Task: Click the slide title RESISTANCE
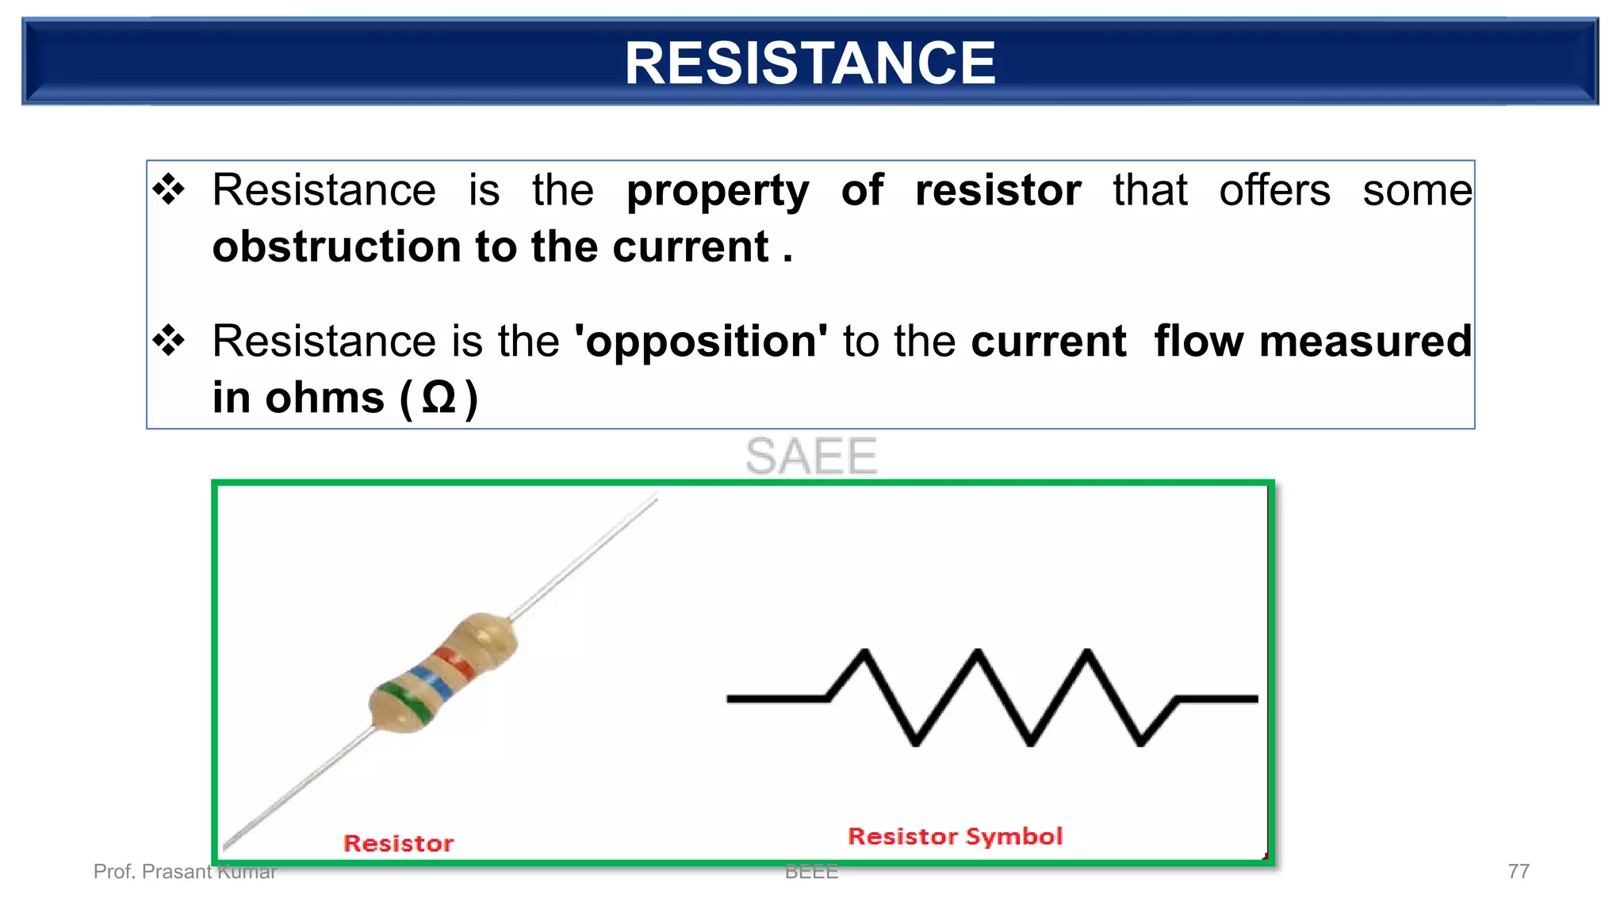point(810,63)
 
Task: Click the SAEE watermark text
point(810,456)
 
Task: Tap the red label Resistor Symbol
point(955,836)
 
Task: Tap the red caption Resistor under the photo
point(398,843)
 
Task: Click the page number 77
point(1518,872)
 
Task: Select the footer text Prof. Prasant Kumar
point(184,872)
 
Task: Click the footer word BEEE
point(810,872)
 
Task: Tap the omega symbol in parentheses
point(439,398)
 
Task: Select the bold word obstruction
point(336,246)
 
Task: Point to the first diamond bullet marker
point(169,190)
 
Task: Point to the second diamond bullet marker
point(169,342)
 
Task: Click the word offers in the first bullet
point(1274,190)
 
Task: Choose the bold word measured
point(1365,342)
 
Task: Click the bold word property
point(717,191)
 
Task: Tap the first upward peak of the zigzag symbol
point(864,653)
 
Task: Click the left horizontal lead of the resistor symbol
point(777,698)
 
